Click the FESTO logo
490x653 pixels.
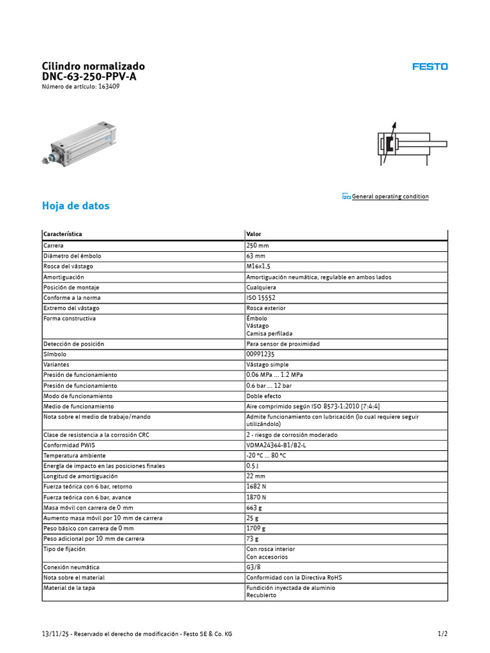(x=429, y=66)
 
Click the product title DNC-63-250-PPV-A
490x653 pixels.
(x=89, y=77)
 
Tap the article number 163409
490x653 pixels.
(x=108, y=87)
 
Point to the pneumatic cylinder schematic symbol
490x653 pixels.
(x=403, y=144)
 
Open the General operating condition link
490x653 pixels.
(x=390, y=196)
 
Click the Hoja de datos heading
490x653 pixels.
(x=75, y=206)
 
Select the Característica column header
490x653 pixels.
(x=63, y=234)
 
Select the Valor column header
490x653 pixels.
(x=253, y=234)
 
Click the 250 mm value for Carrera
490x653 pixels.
(x=258, y=246)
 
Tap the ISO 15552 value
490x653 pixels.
(x=261, y=298)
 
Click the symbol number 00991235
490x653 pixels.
(x=260, y=354)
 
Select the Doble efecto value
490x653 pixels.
(x=264, y=396)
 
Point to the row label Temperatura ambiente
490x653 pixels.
(x=75, y=456)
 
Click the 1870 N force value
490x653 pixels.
(x=257, y=497)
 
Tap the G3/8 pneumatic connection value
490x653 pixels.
(x=253, y=567)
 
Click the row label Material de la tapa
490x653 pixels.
(x=69, y=588)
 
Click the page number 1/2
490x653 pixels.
(x=442, y=634)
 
